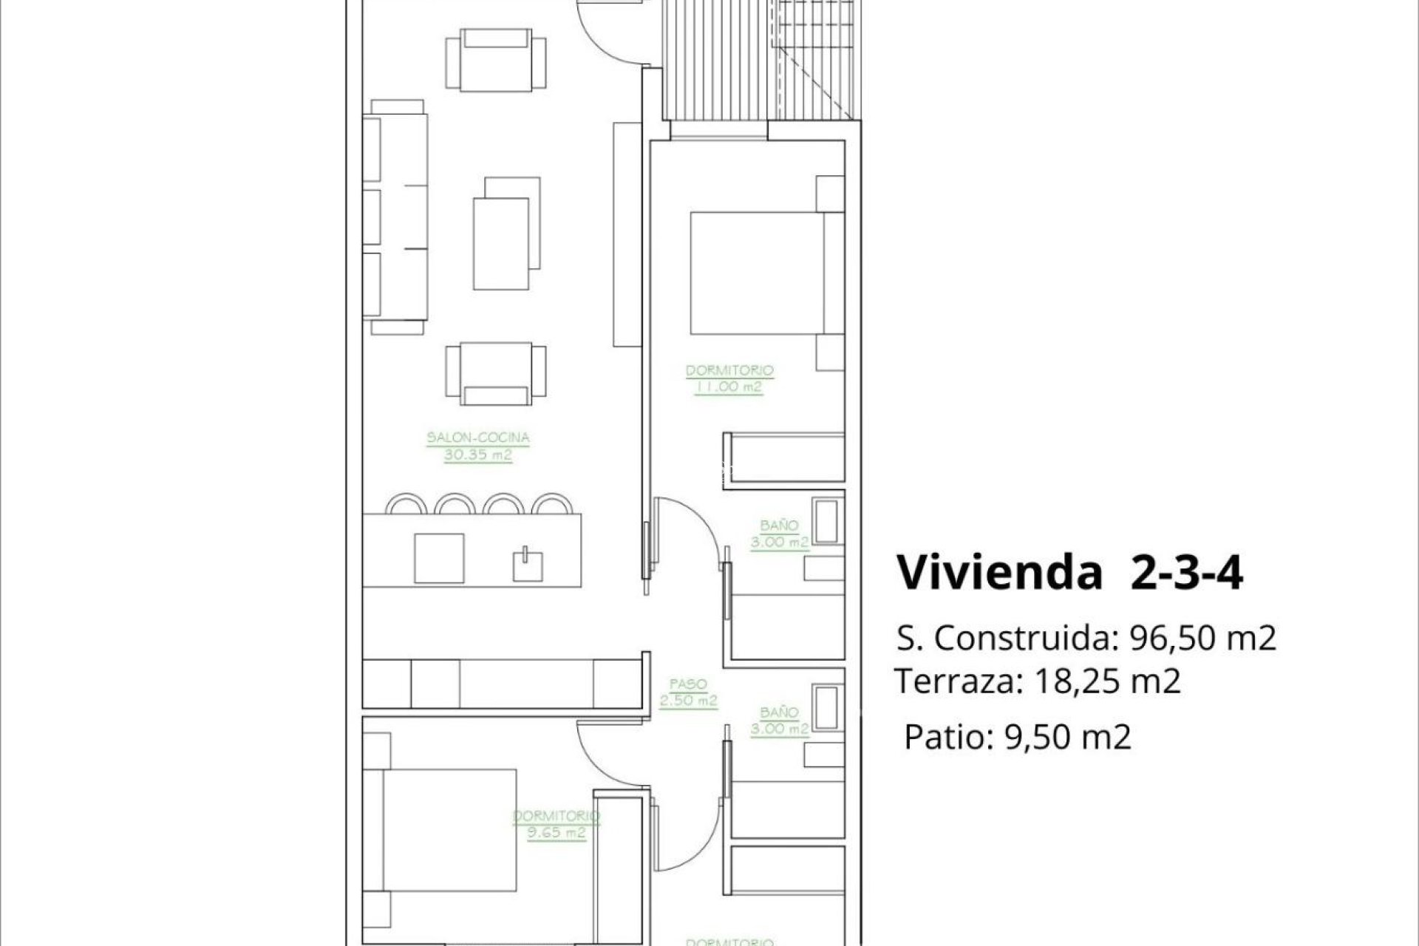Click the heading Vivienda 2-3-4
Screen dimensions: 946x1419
(1069, 572)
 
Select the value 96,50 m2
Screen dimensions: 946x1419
(1203, 638)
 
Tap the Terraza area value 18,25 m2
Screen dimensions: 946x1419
(1106, 681)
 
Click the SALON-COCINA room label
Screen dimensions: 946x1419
(478, 438)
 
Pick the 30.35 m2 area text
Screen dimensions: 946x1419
(478, 455)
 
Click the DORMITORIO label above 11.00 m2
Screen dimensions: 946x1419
(729, 370)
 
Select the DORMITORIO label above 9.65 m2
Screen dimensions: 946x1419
(556, 817)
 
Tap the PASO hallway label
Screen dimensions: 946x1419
(688, 684)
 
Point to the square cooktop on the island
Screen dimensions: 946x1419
(439, 558)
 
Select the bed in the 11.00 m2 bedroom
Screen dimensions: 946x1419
(758, 273)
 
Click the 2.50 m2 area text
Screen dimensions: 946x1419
(688, 701)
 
